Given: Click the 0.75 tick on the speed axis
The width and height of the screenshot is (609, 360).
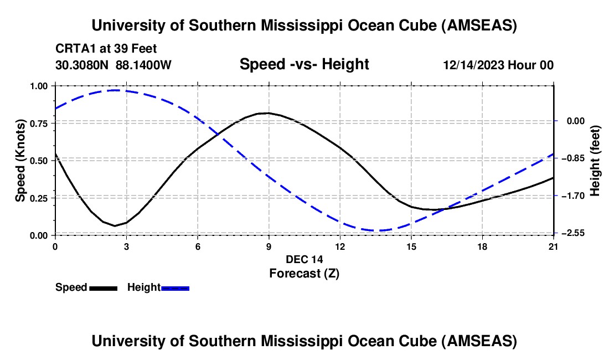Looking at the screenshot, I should click(39, 123).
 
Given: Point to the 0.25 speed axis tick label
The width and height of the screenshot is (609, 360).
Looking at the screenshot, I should click(39, 198).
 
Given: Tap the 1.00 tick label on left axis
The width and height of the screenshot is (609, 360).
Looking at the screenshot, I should click(39, 86).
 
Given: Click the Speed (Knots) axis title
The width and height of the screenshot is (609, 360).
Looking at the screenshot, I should click(20, 160).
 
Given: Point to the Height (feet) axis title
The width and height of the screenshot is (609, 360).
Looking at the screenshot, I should click(595, 160).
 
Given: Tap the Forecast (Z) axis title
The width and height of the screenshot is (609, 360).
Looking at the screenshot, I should click(304, 273).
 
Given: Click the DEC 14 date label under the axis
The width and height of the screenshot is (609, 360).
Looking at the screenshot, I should click(304, 259).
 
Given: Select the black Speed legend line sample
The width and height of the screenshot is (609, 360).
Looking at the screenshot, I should click(103, 288).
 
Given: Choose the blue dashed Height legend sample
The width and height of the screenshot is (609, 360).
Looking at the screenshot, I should click(175, 288).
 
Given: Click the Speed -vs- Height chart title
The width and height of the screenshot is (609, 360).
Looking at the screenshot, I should click(304, 64).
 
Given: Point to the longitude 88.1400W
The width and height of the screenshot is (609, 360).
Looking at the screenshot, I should click(143, 65).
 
